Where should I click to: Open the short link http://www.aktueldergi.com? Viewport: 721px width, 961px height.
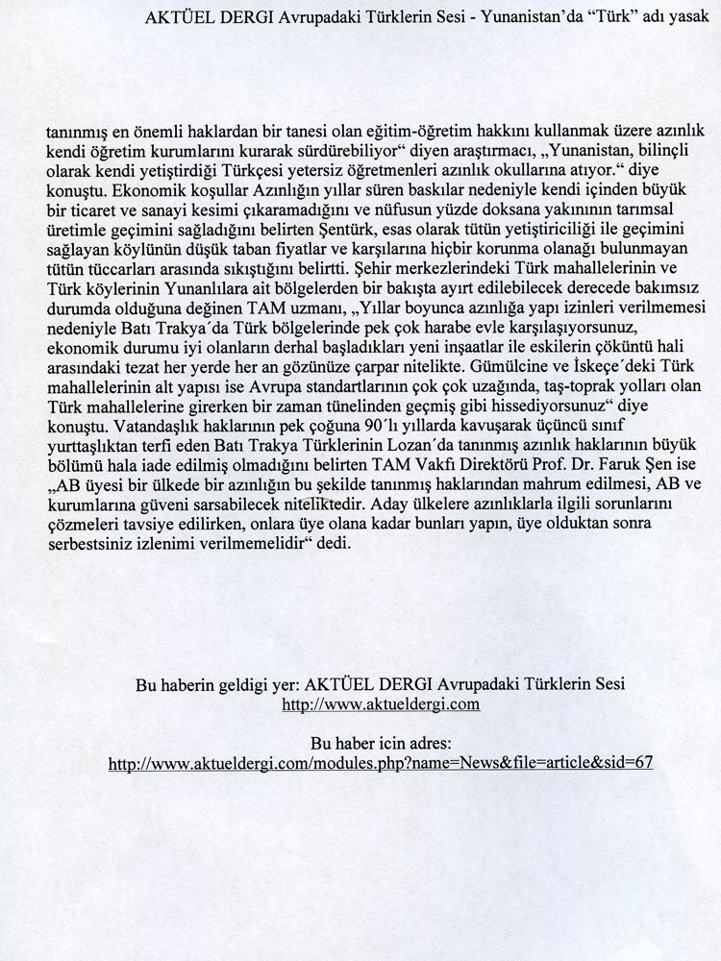tap(380, 704)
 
